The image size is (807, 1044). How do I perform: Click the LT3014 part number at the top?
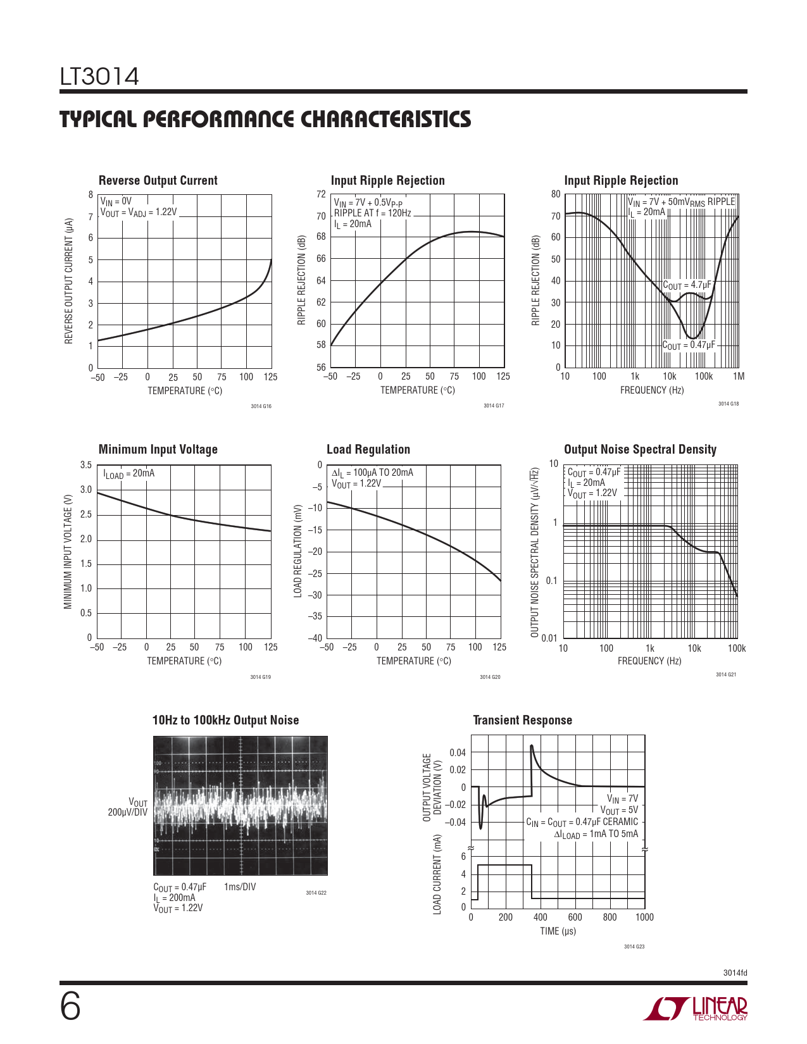pos(99,77)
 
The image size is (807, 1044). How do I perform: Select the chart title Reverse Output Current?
pos(158,180)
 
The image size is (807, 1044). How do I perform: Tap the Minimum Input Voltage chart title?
pos(158,449)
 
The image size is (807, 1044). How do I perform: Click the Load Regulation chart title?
pos(368,449)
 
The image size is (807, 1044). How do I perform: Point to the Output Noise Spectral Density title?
pos(640,449)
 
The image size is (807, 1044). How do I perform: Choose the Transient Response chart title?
pos(522,720)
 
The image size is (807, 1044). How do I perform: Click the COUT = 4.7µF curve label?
pos(687,285)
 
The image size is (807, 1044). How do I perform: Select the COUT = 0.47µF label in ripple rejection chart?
pos(689,345)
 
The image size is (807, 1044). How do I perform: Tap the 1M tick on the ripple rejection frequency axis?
pos(738,376)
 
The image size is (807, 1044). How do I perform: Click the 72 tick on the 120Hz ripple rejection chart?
pos(321,194)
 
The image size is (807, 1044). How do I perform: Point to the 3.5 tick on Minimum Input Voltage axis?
pos(85,465)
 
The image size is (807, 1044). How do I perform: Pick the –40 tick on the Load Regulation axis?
pos(315,638)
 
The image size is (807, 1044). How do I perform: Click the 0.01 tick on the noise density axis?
pos(549,638)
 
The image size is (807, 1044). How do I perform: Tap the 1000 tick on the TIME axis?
pos(644,917)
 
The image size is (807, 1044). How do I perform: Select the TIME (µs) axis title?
pos(558,931)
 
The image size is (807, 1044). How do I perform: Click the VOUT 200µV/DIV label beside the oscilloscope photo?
pos(128,807)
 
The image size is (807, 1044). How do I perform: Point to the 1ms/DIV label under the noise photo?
pos(240,887)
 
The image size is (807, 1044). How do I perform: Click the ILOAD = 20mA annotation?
pos(129,474)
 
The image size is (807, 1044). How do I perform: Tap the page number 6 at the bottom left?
pos(70,1007)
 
